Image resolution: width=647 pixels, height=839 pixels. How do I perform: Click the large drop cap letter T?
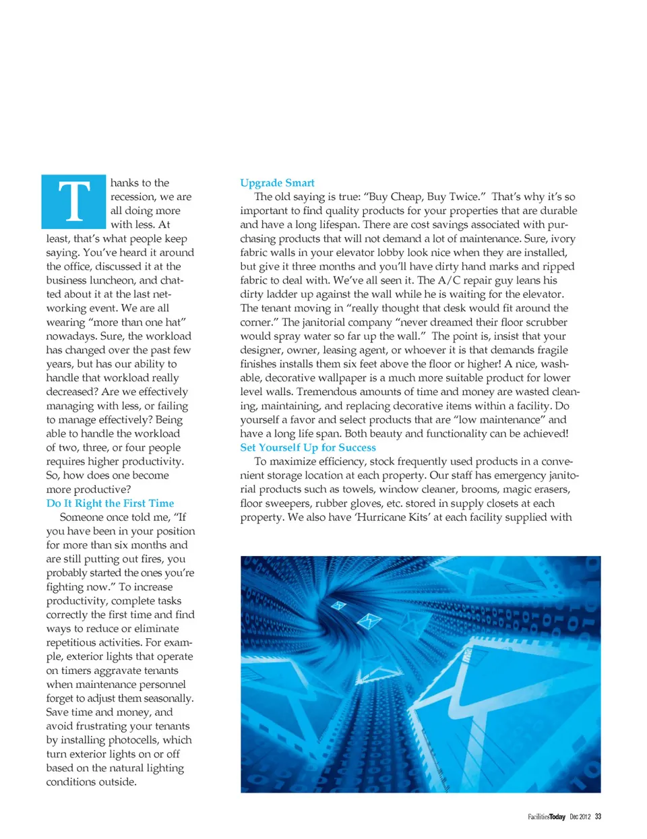[x=73, y=201]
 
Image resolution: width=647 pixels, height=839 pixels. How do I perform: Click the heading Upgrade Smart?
[x=277, y=183]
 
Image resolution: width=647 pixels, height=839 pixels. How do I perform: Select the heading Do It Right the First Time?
[x=110, y=503]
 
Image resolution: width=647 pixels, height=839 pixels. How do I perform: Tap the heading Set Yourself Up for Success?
[x=308, y=447]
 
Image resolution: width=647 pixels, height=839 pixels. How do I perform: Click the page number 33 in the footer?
[x=598, y=817]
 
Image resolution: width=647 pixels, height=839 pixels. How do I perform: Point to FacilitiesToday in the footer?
[x=546, y=817]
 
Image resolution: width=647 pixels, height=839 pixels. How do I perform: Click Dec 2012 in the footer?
[x=580, y=817]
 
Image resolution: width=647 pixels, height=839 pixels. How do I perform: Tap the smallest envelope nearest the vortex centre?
[x=338, y=605]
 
